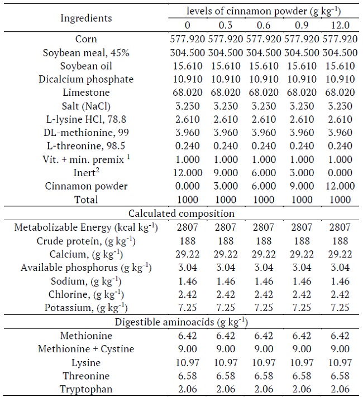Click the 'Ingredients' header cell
[86, 18]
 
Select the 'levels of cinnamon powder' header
[263, 11]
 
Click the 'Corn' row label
[86, 39]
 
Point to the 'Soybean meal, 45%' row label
[86, 52]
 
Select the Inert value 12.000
[188, 173]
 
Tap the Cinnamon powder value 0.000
[188, 186]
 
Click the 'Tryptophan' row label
[86, 389]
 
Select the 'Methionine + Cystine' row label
[86, 349]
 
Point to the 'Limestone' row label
[86, 93]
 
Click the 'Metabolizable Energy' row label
[86, 227]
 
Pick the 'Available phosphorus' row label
[86, 268]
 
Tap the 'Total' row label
[86, 200]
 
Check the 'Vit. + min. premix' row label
[86, 159]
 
